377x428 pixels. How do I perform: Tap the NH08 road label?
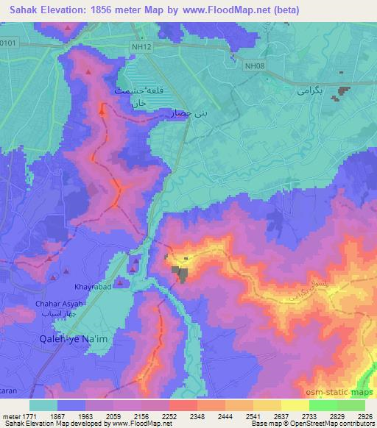pyautogui.click(x=255, y=65)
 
